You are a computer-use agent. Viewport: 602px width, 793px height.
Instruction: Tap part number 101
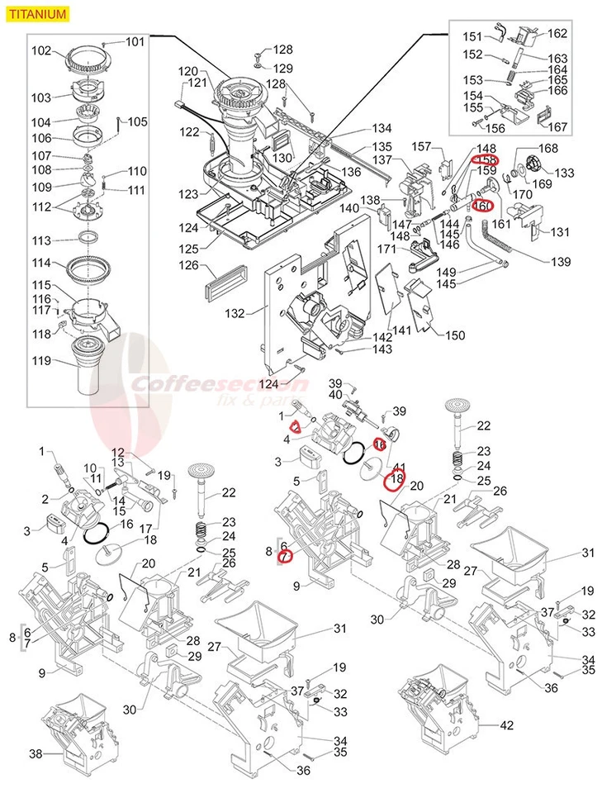[135, 42]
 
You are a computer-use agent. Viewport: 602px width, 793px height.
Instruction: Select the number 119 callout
[41, 360]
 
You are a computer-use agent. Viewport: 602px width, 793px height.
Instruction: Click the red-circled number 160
[483, 207]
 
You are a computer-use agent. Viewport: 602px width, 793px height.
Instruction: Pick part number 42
[507, 724]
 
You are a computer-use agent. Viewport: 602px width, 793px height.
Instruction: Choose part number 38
[36, 754]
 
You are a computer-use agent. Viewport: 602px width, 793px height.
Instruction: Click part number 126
[190, 265]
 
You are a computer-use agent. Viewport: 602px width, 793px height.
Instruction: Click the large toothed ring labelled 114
[88, 268]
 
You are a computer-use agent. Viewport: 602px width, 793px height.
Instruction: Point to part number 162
[557, 34]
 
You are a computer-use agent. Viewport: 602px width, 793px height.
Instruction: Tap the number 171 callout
[387, 249]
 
